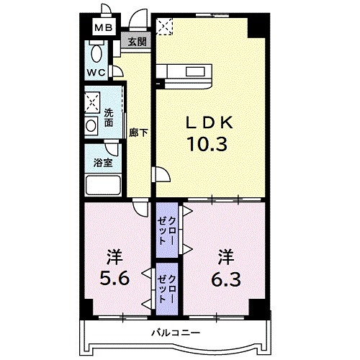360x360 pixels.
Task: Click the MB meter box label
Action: [103, 28]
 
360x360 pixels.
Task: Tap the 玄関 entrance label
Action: [137, 42]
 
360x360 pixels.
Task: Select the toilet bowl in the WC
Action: [96, 53]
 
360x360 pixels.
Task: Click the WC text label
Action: [96, 72]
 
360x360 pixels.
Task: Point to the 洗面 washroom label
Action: [109, 117]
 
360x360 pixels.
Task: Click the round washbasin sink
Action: [91, 125]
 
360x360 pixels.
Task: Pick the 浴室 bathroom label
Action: [103, 163]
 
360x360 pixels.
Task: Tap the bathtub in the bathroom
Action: [103, 186]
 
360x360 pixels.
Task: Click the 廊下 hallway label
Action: [138, 132]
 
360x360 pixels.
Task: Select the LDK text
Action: [210, 122]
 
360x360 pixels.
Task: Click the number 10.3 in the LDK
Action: [207, 144]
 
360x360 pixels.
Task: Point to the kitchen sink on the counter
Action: [195, 72]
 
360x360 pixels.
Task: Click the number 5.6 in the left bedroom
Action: [114, 279]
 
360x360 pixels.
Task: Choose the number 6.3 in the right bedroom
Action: [226, 279]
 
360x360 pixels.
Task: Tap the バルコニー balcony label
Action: [176, 333]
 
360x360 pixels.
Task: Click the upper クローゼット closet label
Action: [167, 230]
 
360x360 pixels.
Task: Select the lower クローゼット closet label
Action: [167, 289]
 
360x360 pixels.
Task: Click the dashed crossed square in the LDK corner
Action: [164, 27]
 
